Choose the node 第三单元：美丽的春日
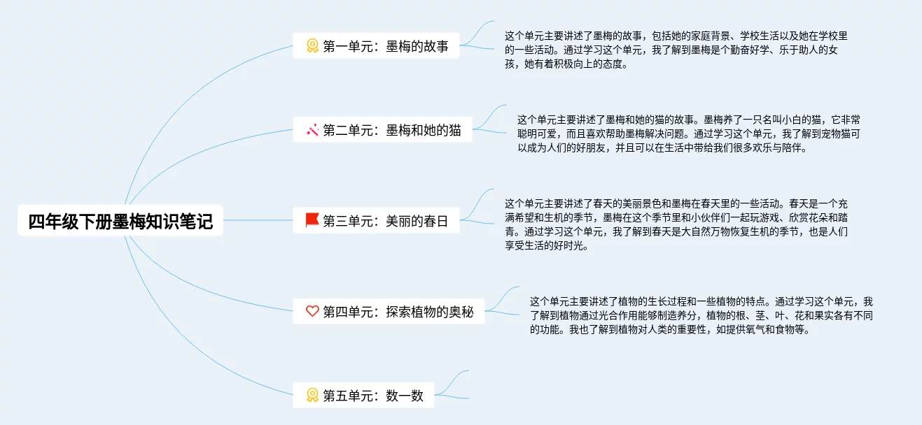(x=376, y=221)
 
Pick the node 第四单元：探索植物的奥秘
(x=389, y=312)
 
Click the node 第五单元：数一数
(x=363, y=396)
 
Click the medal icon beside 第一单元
(x=312, y=46)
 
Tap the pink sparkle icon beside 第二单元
(x=312, y=130)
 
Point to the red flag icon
(x=312, y=221)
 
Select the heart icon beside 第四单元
(x=312, y=312)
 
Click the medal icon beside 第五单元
(x=312, y=396)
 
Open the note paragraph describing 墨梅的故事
(x=676, y=50)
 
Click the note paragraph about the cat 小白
(x=689, y=134)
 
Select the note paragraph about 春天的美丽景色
(x=676, y=224)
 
